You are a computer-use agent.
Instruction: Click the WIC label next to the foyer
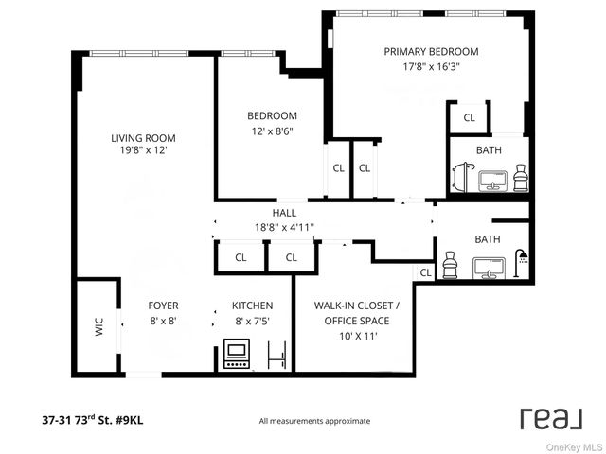point(98,327)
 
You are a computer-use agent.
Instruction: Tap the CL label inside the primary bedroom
point(469,117)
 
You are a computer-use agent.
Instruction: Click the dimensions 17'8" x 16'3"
point(431,67)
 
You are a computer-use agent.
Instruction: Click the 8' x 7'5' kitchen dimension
point(253,321)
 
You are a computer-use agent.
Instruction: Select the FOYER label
point(163,306)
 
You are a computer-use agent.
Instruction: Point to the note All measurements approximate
point(314,421)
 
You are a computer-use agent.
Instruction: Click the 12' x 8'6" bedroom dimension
point(273,131)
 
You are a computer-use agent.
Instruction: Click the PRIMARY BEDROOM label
point(431,52)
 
